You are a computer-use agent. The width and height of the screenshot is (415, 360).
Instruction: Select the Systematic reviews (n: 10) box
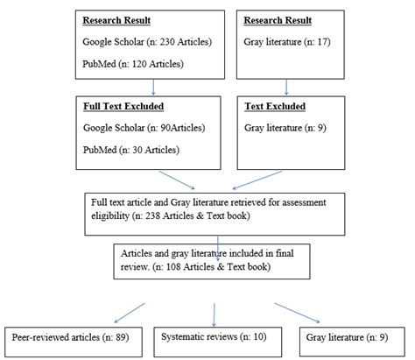pyautogui.click(x=212, y=335)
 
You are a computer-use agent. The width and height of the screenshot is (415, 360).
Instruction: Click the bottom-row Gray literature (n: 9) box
pyautogui.click(x=351, y=335)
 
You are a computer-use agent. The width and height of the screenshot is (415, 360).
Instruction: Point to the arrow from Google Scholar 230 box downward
pyautogui.click(x=154, y=86)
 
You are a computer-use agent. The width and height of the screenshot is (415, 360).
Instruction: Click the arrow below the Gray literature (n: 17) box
pyautogui.click(x=288, y=86)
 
